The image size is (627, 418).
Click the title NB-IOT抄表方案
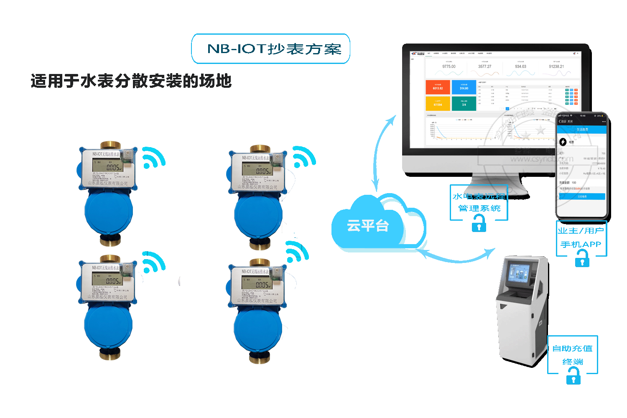[x=274, y=49]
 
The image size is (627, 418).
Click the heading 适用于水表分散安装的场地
[x=131, y=81]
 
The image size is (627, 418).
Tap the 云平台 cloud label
[x=368, y=226]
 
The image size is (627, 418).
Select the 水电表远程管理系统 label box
[x=479, y=202]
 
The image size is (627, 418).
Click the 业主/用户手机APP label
[x=581, y=237]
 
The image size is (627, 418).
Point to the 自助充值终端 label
[x=573, y=354]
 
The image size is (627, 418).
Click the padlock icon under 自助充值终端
[x=573, y=378]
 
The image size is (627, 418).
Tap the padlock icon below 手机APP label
[x=582, y=260]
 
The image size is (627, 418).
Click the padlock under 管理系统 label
[x=479, y=225]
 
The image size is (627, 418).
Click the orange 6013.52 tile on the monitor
[x=438, y=87]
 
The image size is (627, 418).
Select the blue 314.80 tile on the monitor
[x=464, y=87]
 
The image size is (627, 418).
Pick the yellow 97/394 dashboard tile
[x=438, y=104]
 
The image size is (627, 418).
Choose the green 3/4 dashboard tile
[x=464, y=104]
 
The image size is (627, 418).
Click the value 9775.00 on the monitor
[x=449, y=66]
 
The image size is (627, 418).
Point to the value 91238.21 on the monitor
[x=556, y=66]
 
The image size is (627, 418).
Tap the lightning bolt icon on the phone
[x=563, y=142]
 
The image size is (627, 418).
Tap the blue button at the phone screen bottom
[x=582, y=196]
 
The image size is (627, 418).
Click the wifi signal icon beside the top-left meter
[x=153, y=158]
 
